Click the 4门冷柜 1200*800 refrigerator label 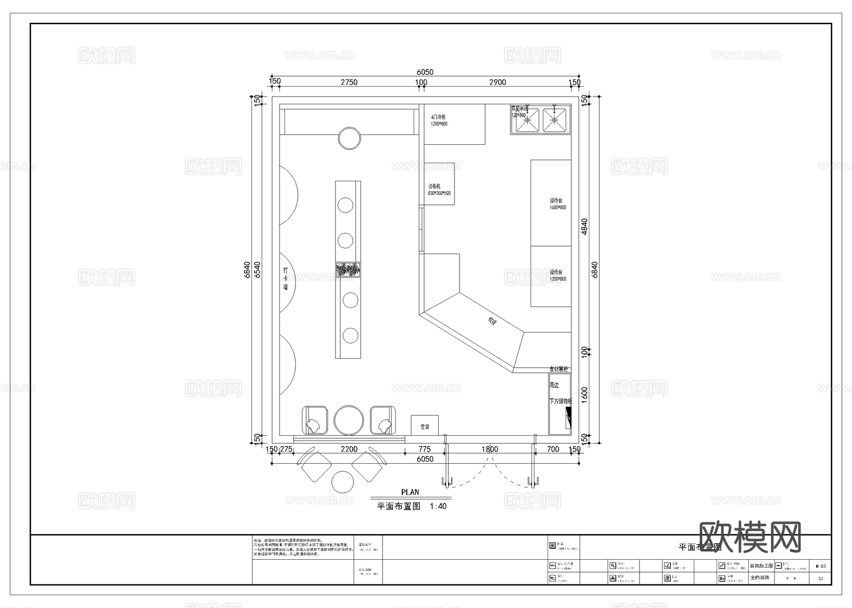[x=439, y=120]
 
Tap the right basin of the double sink [x=555, y=120]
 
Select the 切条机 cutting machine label [x=439, y=190]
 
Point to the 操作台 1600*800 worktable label [x=557, y=204]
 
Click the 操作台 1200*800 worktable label [x=557, y=275]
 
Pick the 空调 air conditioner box [x=425, y=426]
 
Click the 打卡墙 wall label [x=285, y=278]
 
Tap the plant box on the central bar [x=348, y=270]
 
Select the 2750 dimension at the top [x=349, y=82]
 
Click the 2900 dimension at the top [x=497, y=82]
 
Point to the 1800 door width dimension [x=489, y=449]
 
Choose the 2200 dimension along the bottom [x=349, y=449]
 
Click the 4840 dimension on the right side [x=585, y=226]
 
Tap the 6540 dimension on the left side [x=257, y=269]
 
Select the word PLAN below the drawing [x=410, y=492]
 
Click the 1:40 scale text [x=438, y=506]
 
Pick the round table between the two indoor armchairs [x=349, y=420]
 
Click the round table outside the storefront [x=343, y=482]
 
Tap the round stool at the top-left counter [x=350, y=138]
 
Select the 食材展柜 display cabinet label [x=559, y=369]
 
